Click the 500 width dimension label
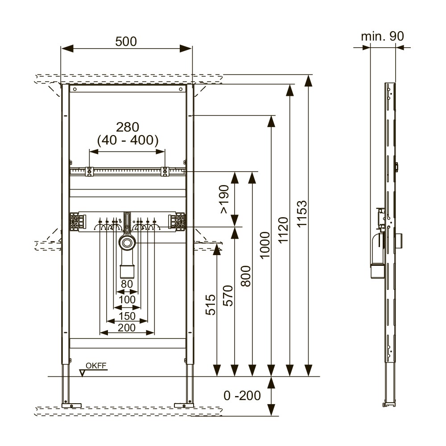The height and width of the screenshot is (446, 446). [126, 41]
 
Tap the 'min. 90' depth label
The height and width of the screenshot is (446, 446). [383, 37]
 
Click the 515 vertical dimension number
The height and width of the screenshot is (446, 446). [211, 305]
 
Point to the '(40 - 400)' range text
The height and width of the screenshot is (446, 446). [128, 140]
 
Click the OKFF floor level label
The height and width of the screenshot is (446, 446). [96, 366]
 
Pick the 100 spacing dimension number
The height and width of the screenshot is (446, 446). [127, 299]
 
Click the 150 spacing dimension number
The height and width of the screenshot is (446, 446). [127, 315]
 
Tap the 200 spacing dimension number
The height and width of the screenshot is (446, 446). [127, 327]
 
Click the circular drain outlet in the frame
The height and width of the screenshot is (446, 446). [127, 243]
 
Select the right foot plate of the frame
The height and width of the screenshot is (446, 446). [183, 405]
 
